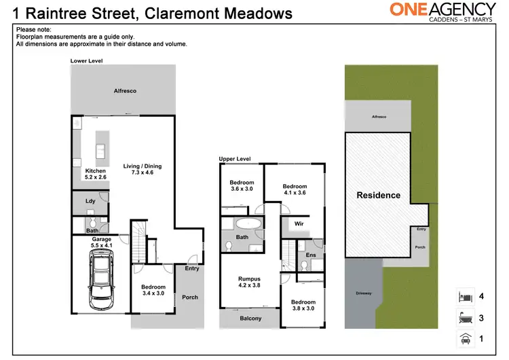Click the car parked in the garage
pos(100,278)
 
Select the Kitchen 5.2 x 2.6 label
pos(96,173)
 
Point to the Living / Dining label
pos(143,170)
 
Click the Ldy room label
pos(90,201)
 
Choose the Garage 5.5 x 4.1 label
pos(101,242)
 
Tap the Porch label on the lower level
pos(190,297)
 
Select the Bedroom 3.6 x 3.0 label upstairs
pos(242,186)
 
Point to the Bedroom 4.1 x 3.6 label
pos(295,190)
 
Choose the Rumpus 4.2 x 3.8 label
pos(249,282)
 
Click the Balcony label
pos(250,319)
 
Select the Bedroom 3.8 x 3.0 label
pos(303,306)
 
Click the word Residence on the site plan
pos(378,196)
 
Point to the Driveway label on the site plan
pos(364,293)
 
